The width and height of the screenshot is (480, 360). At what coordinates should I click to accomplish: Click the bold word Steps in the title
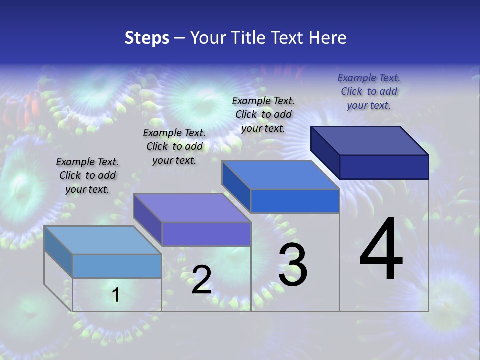pos(147,38)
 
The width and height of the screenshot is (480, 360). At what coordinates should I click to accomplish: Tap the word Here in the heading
pos(327,38)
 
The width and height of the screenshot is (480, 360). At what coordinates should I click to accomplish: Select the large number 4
pos(381,249)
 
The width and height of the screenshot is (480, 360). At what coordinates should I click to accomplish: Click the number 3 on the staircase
pos(293,265)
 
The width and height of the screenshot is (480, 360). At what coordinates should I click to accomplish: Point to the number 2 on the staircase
pos(201,280)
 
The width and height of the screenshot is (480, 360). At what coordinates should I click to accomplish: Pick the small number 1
pos(115,295)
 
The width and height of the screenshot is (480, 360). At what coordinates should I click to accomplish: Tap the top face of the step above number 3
pos(280,175)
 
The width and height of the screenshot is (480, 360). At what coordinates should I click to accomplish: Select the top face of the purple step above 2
pos(192,208)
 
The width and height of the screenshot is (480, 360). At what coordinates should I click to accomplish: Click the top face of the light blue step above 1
pos(103,240)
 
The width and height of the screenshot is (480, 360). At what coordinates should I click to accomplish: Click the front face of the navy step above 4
pos(384,167)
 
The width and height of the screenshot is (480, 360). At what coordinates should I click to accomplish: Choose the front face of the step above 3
pos(295,201)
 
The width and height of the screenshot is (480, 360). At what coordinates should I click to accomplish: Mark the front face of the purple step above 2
pos(206,234)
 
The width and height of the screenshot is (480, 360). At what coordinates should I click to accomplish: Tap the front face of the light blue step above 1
pos(117,266)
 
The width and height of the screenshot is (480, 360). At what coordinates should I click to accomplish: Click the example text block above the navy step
pos(369,91)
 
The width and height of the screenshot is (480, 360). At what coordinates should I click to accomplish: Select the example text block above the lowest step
pos(87,175)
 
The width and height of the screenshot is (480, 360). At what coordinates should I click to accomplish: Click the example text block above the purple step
pos(174,146)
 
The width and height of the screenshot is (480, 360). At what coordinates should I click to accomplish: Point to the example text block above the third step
pos(263,114)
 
